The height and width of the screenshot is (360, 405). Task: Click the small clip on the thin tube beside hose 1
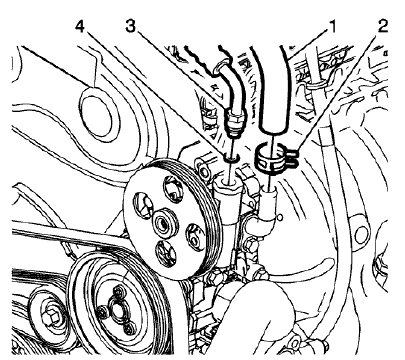pyautogui.click(x=310, y=95)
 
